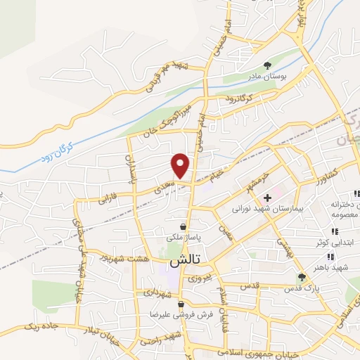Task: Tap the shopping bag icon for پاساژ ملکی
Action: [x=184, y=227]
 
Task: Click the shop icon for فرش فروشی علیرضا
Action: [x=181, y=304]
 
